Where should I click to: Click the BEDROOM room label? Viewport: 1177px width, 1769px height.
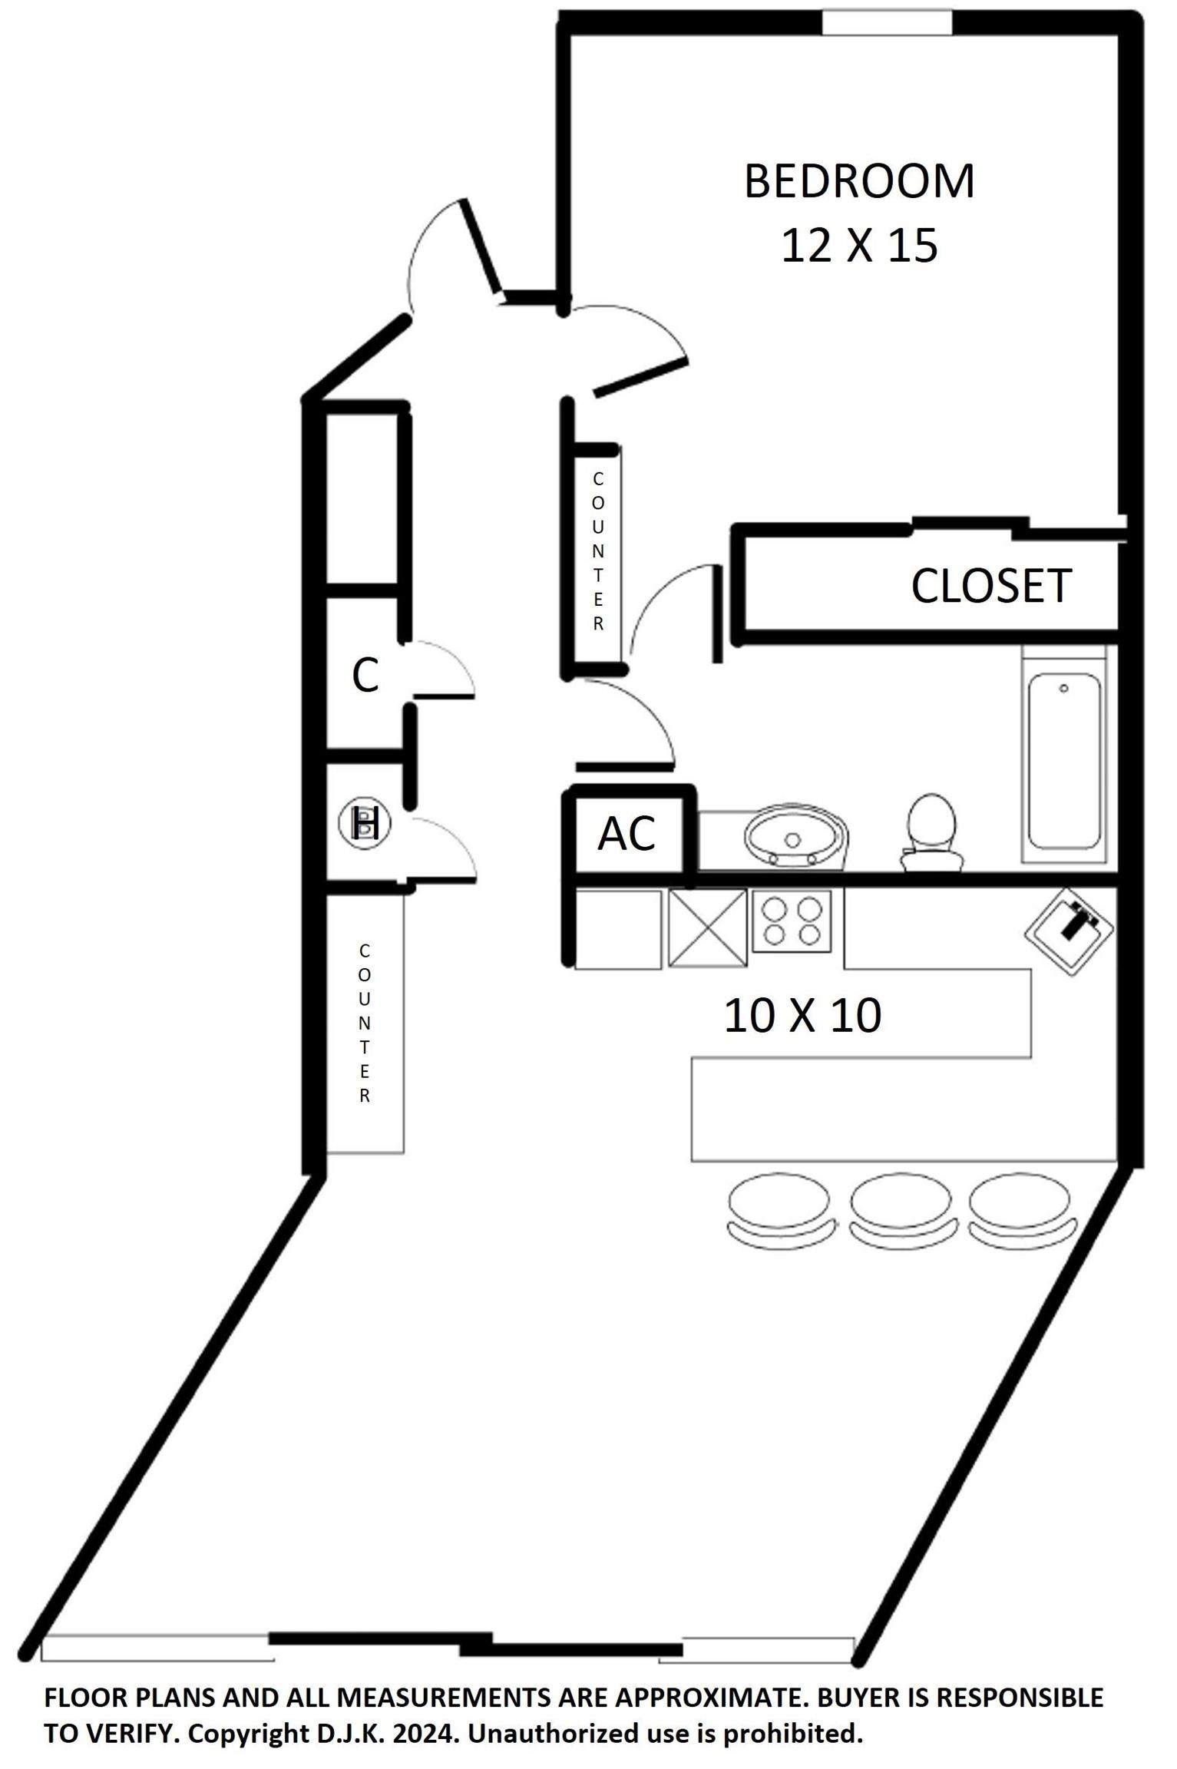[859, 181]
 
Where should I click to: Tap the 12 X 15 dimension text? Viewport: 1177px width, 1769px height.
[859, 246]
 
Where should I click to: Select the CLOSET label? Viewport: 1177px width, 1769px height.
[990, 586]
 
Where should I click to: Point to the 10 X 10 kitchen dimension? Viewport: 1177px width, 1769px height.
[802, 1016]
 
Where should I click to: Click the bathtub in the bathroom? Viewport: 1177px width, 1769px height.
[1064, 761]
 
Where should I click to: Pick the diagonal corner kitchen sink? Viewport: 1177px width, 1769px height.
[1069, 931]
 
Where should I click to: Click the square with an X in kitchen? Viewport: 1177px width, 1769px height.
[707, 928]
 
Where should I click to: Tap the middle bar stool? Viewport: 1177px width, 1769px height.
[901, 1211]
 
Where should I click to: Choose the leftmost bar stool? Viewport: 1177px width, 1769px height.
[779, 1211]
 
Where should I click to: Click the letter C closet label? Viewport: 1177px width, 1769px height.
[365, 676]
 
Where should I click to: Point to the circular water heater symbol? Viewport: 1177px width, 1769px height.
[365, 823]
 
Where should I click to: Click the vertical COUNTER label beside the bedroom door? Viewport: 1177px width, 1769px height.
[598, 551]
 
